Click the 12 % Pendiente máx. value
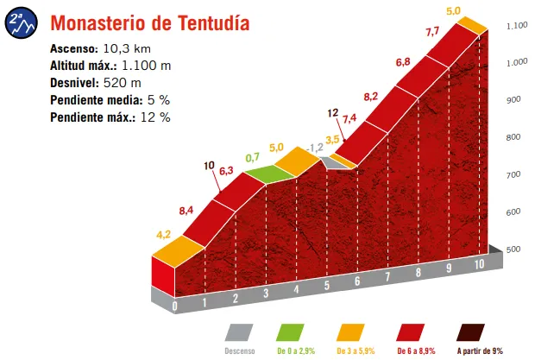154,117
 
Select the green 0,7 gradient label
253,158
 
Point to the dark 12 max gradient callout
332,113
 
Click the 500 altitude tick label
514,249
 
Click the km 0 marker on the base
175,305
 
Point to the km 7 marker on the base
388,277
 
